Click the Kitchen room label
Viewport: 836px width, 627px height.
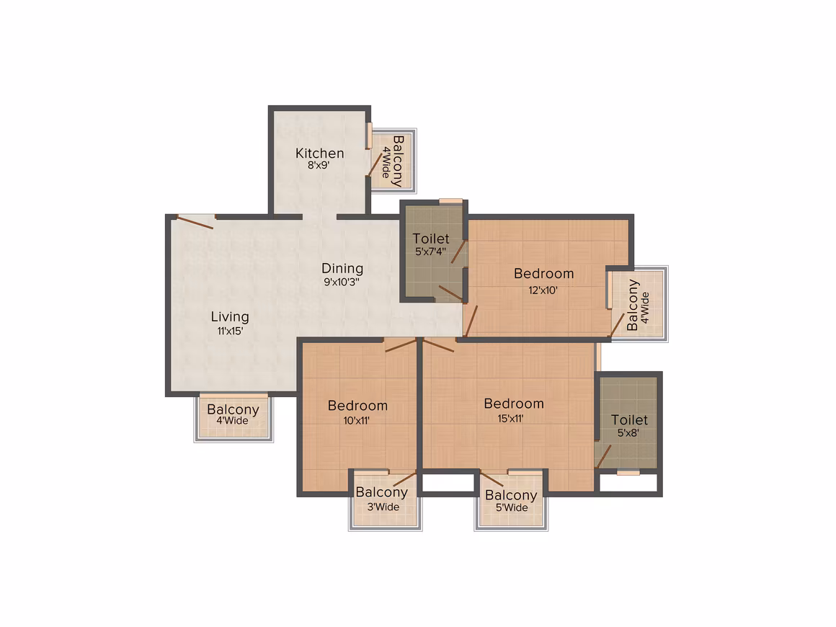click(319, 153)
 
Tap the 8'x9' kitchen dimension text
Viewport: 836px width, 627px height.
click(319, 165)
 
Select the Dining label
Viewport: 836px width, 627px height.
click(342, 270)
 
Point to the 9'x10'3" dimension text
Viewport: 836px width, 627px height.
click(342, 282)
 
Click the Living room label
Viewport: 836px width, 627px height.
click(230, 317)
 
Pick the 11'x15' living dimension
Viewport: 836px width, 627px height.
click(230, 331)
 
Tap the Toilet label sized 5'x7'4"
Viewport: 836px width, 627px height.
click(431, 239)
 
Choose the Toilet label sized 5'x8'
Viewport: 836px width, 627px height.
click(629, 420)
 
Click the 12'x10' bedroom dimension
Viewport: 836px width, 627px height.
click(543, 290)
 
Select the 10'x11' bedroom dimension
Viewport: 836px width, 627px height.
click(356, 421)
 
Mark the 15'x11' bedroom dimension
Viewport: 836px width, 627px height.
click(510, 419)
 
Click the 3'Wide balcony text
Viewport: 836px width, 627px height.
click(383, 507)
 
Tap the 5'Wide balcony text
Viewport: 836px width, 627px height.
click(511, 507)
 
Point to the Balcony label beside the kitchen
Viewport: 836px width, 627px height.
click(398, 161)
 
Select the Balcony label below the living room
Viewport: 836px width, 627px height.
click(233, 409)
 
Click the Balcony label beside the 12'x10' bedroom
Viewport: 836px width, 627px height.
click(632, 305)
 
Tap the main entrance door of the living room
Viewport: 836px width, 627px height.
click(195, 222)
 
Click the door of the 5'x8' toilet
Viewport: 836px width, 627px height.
click(603, 457)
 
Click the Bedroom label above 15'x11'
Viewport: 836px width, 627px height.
click(514, 404)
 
